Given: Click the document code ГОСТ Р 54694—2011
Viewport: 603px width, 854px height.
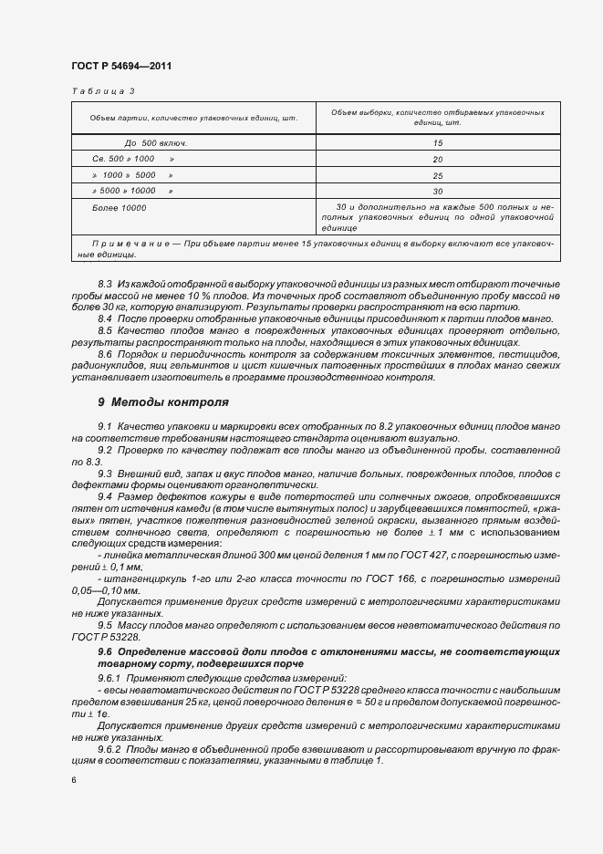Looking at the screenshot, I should coord(120,67).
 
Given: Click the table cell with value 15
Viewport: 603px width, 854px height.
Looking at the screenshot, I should coord(438,143).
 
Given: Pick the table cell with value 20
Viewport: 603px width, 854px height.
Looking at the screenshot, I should coord(438,159).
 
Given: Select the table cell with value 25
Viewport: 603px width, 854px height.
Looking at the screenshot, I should coord(438,175).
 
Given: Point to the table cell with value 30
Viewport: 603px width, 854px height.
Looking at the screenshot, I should coord(438,191).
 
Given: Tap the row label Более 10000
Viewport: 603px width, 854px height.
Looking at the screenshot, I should coord(120,208).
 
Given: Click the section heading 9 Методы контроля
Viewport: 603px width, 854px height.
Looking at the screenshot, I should coord(162,401).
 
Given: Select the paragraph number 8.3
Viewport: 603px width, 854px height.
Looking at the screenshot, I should coord(105,286).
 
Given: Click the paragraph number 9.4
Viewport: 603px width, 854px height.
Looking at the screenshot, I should coord(105,495).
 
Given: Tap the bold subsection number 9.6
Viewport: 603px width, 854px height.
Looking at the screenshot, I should coord(106,654).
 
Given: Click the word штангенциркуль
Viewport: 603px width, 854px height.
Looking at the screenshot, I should coord(139,578).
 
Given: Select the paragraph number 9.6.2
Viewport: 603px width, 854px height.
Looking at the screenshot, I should coord(110,748).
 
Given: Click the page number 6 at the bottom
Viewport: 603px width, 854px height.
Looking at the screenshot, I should coord(73,781).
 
